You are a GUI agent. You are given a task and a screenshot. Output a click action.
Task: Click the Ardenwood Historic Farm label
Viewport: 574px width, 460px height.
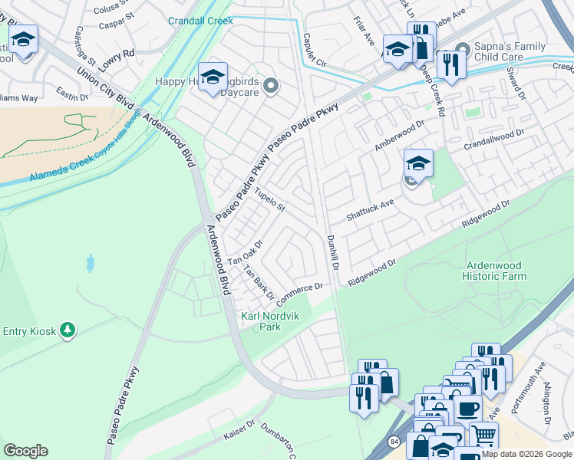coord(495,271)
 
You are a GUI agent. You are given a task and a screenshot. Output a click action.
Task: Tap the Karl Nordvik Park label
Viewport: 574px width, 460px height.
coord(261,321)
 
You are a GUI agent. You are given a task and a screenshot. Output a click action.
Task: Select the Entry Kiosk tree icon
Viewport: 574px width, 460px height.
coord(68,330)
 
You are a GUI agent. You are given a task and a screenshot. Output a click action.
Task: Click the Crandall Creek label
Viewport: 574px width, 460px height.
coord(200,21)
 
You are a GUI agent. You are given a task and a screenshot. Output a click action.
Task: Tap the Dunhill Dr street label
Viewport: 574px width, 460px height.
coord(334,252)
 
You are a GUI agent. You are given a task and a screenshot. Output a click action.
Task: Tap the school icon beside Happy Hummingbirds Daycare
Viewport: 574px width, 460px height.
coord(213,77)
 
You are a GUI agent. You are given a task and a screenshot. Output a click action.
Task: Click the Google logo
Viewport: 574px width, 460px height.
coord(26,450)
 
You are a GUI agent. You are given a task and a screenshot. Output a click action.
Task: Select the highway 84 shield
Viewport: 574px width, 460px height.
coord(394,442)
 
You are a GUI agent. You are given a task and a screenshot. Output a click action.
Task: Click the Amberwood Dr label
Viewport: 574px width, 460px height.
coord(399,135)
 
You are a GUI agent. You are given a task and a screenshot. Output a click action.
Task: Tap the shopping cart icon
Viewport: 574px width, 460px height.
coord(483,435)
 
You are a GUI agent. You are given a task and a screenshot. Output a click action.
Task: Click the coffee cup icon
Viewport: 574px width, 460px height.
coord(467,406)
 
